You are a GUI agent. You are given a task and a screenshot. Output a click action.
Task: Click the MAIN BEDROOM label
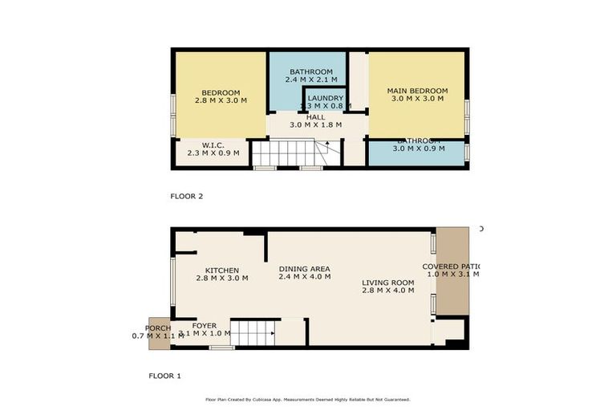click(x=417, y=91)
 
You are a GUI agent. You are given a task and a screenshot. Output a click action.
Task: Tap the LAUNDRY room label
click(x=325, y=98)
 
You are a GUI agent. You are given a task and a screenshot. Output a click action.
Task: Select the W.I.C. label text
click(x=213, y=144)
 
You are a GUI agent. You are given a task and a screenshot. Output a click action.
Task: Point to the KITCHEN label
click(x=221, y=270)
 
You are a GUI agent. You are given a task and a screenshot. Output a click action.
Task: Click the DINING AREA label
click(x=304, y=269)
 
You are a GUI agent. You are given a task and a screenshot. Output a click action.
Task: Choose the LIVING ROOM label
click(x=387, y=282)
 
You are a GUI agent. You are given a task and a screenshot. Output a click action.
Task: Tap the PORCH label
click(x=157, y=328)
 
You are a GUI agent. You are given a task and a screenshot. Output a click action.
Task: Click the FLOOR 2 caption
click(x=188, y=196)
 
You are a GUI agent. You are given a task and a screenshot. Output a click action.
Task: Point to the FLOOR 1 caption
click(x=165, y=375)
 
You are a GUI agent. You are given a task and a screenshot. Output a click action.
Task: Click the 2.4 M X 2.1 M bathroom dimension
click(x=310, y=80)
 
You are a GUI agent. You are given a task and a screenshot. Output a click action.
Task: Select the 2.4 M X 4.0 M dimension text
click(x=304, y=278)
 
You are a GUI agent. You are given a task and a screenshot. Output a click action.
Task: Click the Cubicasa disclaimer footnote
click(x=308, y=399)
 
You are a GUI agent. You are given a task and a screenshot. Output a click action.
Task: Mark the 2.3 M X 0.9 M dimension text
click(x=213, y=153)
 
